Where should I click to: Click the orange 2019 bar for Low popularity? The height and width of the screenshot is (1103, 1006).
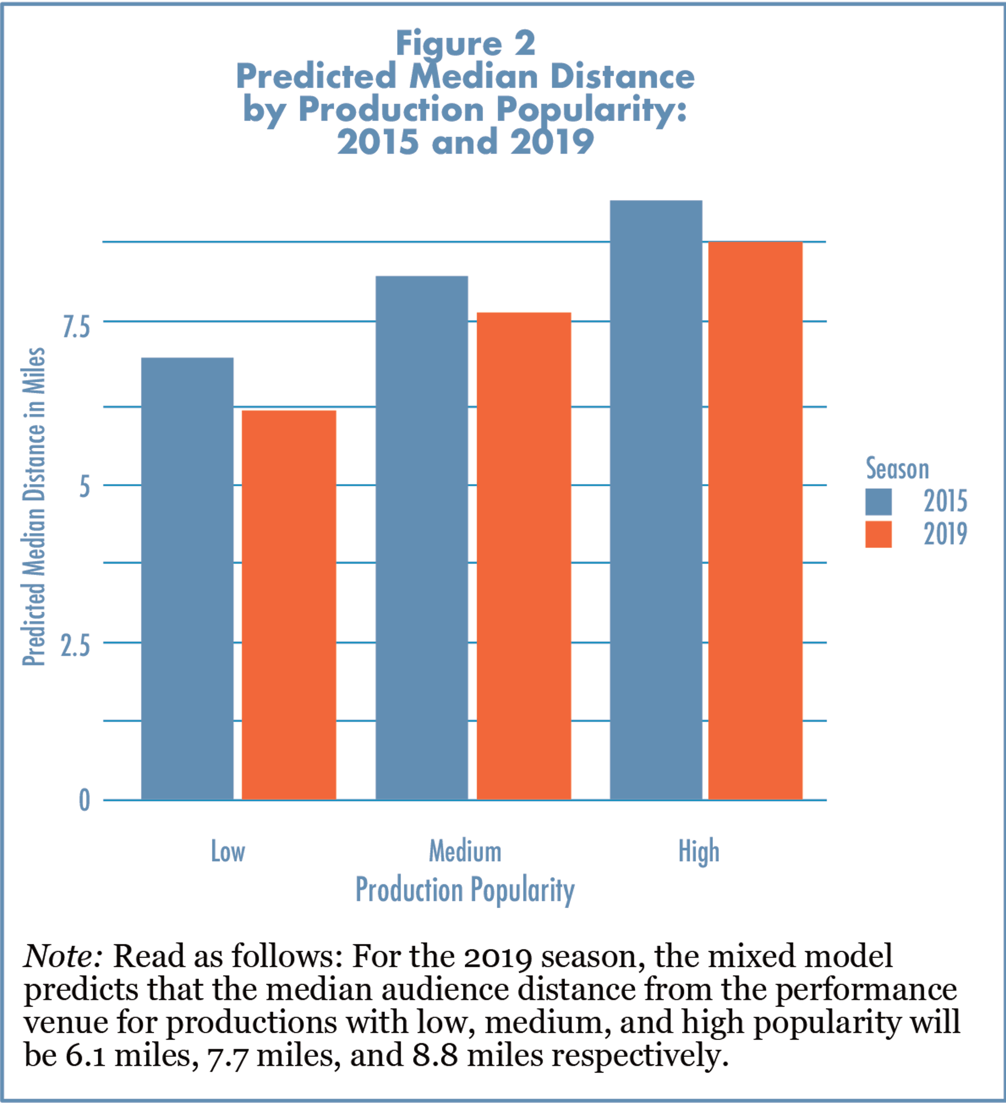coord(289,605)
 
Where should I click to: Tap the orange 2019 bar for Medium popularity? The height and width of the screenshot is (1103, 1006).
coord(524,556)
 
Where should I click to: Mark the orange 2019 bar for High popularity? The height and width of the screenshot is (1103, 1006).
coord(755,520)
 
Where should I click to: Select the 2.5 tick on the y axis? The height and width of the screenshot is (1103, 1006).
coord(75,646)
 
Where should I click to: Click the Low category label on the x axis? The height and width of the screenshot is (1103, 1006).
coord(228,851)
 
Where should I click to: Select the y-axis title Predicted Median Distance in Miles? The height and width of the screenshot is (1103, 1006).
coord(34,506)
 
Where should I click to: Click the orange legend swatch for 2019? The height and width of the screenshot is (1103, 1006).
coord(878,534)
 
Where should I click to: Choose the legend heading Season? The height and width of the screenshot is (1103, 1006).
coord(897,469)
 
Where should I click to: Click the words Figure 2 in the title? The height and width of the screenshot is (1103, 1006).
coord(465,44)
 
